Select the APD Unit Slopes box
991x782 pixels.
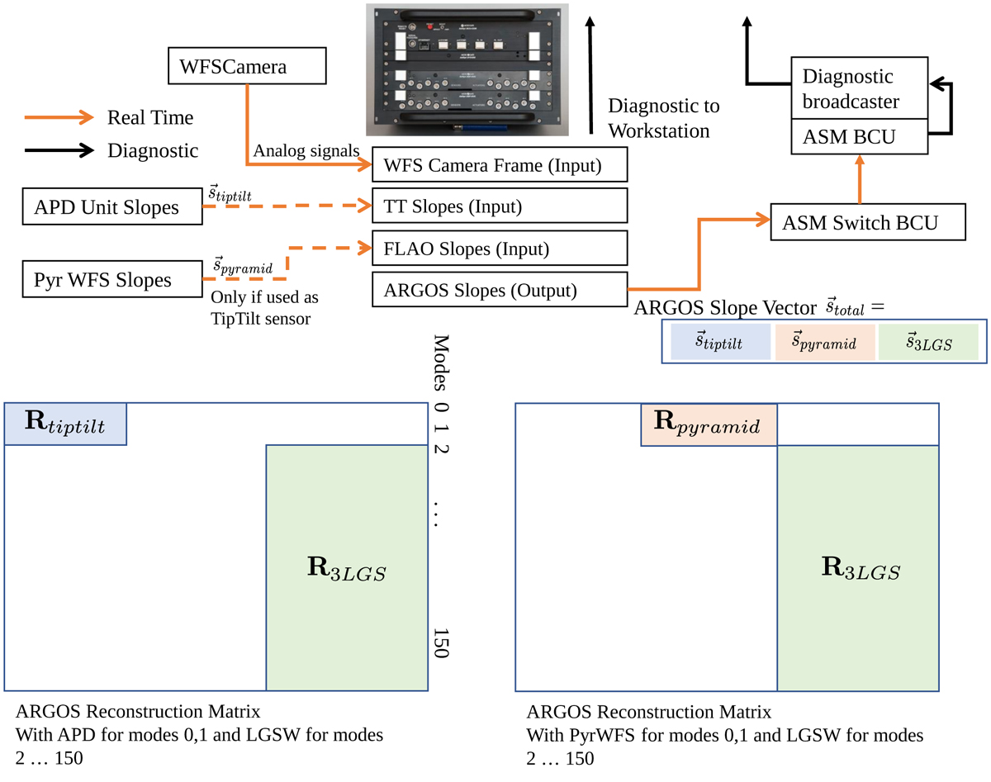coord(111,207)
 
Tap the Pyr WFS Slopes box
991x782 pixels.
coord(111,280)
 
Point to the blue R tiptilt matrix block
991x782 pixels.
coord(65,424)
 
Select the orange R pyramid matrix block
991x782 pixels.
coord(709,424)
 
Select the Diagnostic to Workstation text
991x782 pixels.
coord(663,118)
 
